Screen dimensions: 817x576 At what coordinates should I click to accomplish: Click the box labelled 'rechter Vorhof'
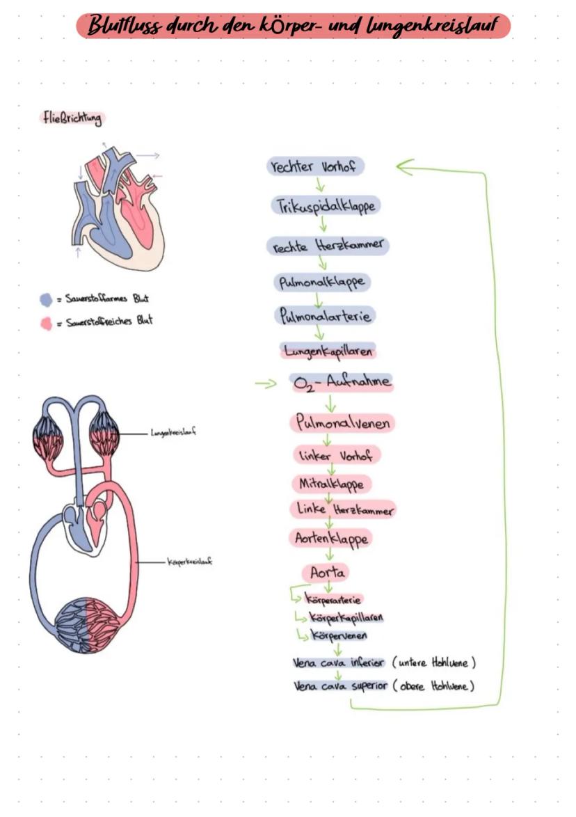(316, 167)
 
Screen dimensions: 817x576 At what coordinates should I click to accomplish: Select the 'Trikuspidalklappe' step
(326, 206)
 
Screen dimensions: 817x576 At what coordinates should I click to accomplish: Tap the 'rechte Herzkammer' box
(327, 246)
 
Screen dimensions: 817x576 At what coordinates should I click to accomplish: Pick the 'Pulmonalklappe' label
(321, 283)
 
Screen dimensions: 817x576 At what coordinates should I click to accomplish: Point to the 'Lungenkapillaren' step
(328, 351)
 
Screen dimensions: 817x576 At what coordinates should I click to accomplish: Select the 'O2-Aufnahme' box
(341, 382)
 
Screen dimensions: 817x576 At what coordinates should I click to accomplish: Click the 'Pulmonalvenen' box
(342, 422)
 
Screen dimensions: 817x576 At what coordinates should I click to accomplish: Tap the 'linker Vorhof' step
(337, 455)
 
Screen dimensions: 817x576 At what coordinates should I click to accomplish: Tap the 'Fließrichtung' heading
(71, 118)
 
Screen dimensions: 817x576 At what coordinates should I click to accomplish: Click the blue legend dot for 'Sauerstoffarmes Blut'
(46, 300)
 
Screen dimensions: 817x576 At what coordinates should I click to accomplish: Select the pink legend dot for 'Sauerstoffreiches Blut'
(46, 323)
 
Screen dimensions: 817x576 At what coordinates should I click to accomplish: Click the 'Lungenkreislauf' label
(173, 432)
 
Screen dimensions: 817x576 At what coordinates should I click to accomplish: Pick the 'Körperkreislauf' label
(189, 561)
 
